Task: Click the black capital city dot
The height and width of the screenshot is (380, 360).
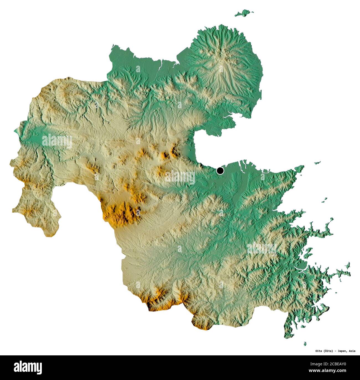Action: (x=220, y=171)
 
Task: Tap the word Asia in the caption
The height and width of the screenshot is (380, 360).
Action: (x=352, y=351)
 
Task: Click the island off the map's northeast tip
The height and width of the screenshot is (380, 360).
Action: (x=244, y=13)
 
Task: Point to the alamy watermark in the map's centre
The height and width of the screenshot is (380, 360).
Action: (x=180, y=177)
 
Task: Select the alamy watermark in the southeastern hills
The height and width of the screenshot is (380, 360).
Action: (x=262, y=248)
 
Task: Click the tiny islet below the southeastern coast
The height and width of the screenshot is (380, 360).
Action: (x=305, y=343)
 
